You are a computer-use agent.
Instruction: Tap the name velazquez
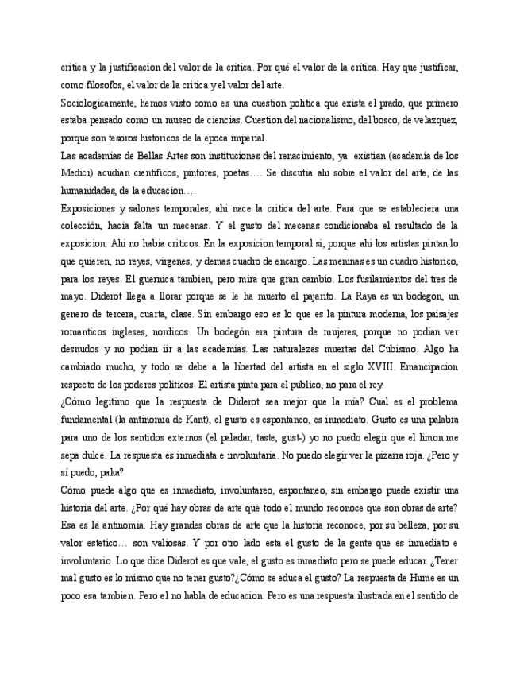tap(431, 121)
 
